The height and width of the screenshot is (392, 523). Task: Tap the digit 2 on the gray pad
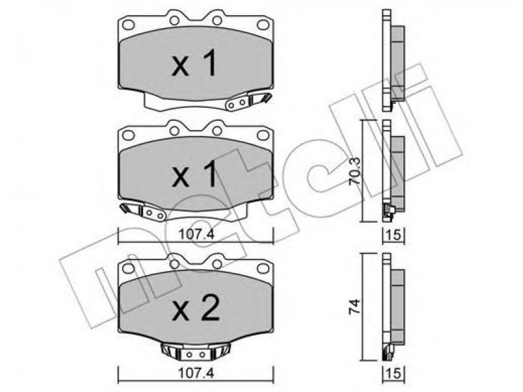click(209, 308)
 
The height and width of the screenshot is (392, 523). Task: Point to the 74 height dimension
click(354, 306)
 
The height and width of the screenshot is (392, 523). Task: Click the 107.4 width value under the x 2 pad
click(196, 373)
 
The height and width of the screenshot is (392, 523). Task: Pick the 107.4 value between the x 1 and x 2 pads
click(196, 235)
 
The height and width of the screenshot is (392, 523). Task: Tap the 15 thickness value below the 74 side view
click(394, 373)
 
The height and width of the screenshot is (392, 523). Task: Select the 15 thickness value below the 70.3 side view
click(394, 235)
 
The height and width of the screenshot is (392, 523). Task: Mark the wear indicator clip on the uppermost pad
click(248, 101)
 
